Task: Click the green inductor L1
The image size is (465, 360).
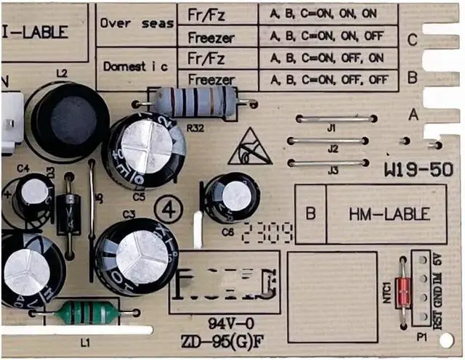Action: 86,313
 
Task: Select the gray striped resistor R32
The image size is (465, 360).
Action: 193,102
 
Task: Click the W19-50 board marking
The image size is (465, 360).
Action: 418,172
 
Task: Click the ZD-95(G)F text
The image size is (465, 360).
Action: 225,342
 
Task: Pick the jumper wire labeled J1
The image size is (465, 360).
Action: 331,118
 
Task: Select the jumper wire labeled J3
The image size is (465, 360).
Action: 333,163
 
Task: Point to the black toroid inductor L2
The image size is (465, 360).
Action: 68,118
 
